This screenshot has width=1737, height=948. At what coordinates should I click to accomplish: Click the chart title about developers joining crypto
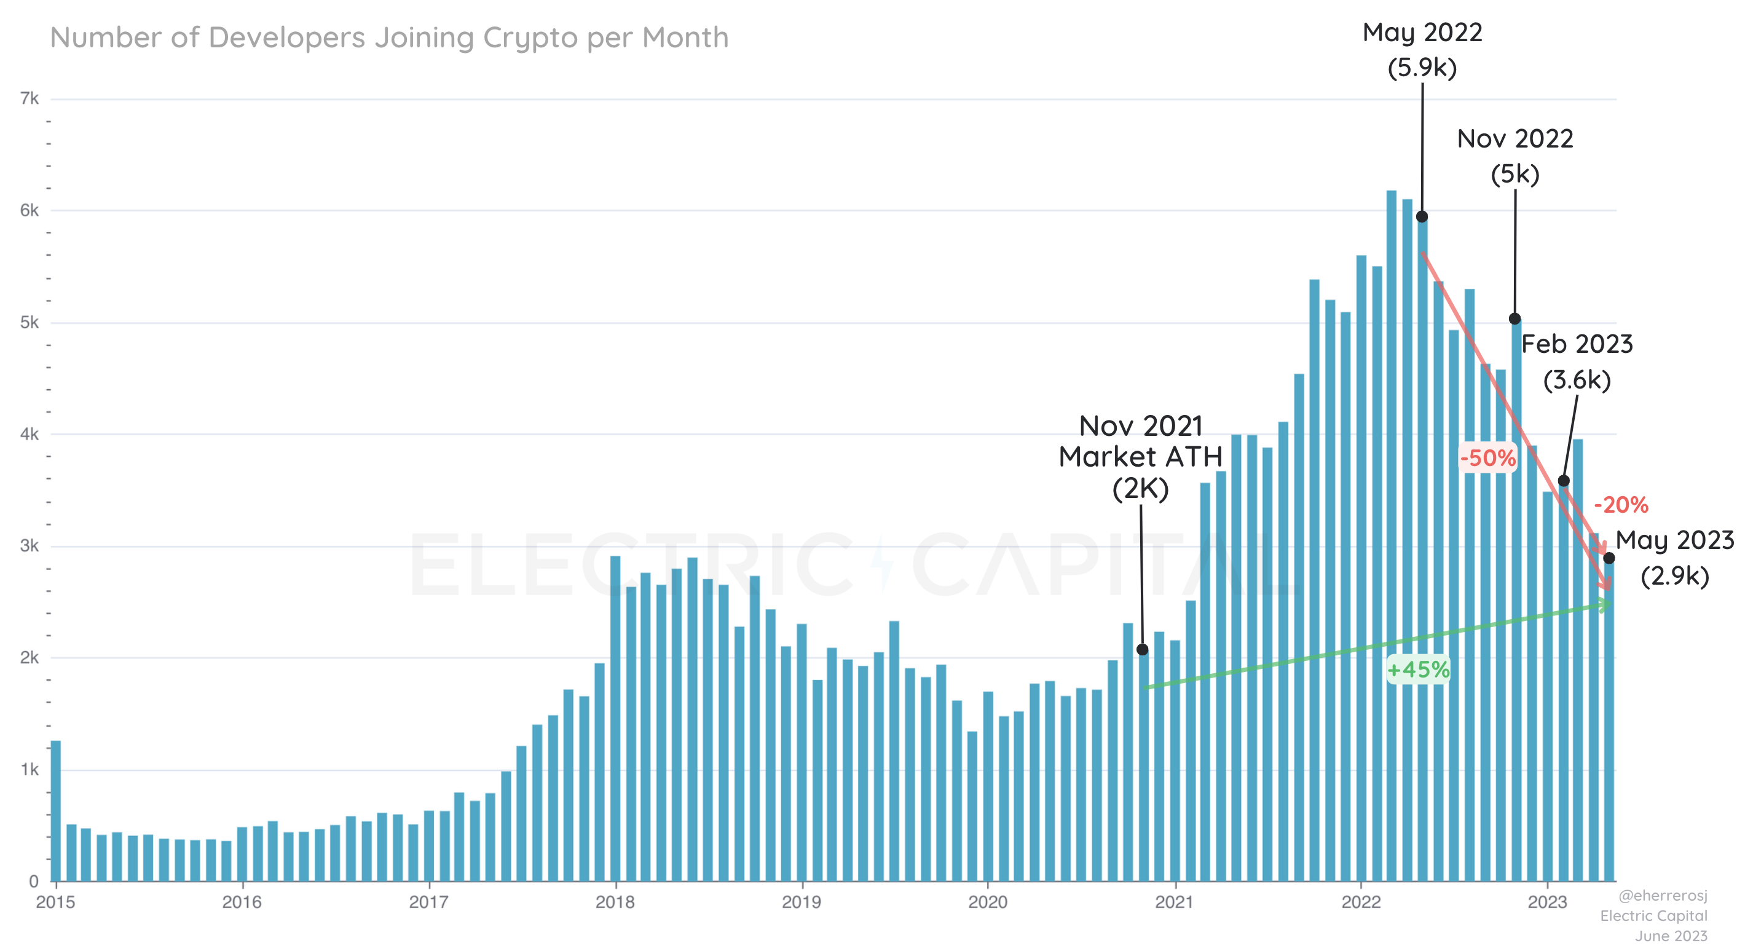[x=389, y=38]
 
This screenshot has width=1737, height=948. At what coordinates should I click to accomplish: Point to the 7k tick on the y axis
[x=30, y=99]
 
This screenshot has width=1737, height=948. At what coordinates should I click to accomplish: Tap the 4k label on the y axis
[x=30, y=434]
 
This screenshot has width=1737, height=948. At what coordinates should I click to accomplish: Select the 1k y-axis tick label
[x=30, y=769]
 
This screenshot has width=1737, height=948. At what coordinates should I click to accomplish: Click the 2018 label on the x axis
[x=615, y=902]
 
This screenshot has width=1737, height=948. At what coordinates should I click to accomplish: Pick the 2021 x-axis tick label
[x=1175, y=902]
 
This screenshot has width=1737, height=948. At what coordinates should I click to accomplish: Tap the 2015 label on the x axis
[x=55, y=902]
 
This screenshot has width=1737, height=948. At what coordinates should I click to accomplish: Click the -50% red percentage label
[x=1488, y=459]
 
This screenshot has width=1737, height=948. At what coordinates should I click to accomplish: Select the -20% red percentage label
[x=1621, y=504]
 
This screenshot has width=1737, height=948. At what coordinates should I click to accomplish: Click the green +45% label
[x=1418, y=670]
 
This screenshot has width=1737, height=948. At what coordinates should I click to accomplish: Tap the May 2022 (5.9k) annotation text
[x=1422, y=50]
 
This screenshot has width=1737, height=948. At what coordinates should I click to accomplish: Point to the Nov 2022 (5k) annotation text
[x=1515, y=156]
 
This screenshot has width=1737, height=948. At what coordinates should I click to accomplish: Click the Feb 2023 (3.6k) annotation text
[x=1577, y=362]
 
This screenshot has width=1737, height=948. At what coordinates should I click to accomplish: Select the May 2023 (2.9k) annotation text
[x=1674, y=558]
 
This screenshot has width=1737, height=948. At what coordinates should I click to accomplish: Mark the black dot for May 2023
[x=1609, y=558]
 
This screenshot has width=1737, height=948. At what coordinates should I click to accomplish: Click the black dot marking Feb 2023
[x=1564, y=481]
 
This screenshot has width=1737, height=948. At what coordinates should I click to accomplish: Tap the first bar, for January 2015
[x=56, y=810]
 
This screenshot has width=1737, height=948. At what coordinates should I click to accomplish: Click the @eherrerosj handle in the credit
[x=1663, y=895]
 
